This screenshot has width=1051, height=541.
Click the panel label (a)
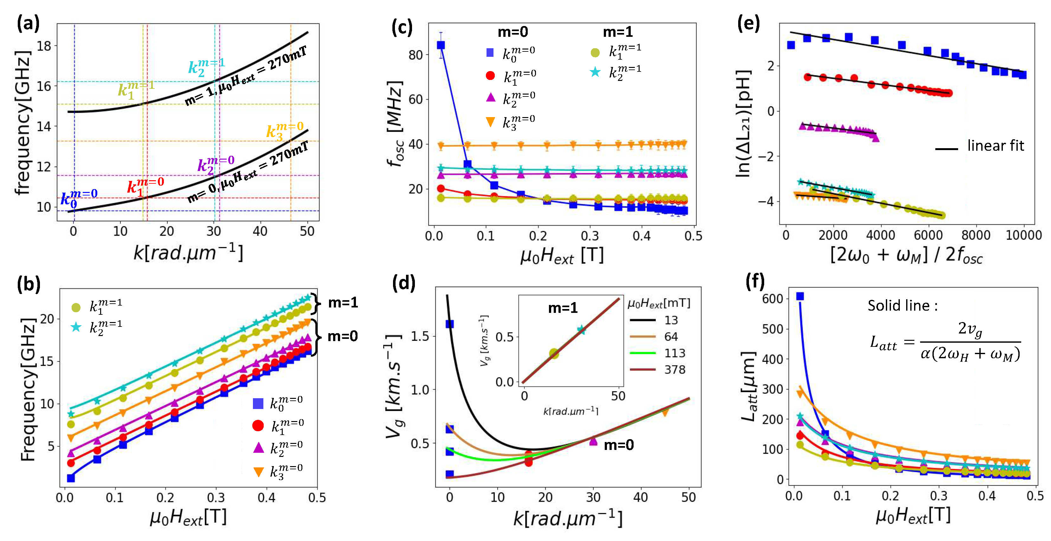pos(28,23)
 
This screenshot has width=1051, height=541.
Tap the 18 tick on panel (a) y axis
pos(44,46)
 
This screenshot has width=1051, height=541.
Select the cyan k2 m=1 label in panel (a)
pos(206,67)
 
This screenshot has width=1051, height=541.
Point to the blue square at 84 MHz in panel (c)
pos(441,45)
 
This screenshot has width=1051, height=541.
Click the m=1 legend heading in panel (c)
pos(618,32)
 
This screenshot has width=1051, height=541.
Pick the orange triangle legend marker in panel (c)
pos(490,122)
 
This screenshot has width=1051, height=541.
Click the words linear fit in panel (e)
pos(995,146)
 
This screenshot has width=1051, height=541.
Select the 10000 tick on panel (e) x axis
pos(1023,235)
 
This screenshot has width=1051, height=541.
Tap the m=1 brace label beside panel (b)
pos(343,303)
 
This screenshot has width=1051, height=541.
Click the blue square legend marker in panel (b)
pos(258,403)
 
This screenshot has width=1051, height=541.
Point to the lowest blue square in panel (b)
pos(71,478)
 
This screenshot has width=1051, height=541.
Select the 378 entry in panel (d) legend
pos(675,370)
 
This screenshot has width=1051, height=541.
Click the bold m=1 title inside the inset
pos(563,307)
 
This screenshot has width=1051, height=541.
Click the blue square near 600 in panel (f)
pos(800,296)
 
